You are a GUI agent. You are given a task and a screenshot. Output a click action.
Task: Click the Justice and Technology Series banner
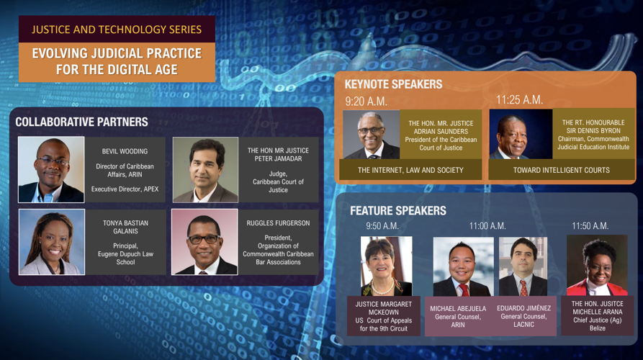pyautogui.click(x=117, y=29)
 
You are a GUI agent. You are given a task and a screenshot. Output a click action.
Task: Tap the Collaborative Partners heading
pyautogui.click(x=81, y=122)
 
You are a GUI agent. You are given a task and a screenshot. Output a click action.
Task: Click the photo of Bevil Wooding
pyautogui.click(x=51, y=170)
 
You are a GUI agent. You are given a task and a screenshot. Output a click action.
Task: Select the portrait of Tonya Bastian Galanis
pyautogui.click(x=52, y=242)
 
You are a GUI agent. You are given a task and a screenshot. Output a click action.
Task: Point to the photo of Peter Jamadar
pyautogui.click(x=205, y=170)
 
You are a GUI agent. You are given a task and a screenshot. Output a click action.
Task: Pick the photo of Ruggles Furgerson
pyautogui.click(x=204, y=242)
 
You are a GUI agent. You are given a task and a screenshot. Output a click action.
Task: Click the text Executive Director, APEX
pyautogui.click(x=125, y=189)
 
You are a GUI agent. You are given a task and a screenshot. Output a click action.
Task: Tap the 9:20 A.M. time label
pyautogui.click(x=366, y=102)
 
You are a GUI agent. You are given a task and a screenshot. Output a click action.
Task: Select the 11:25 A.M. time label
pyautogui.click(x=519, y=99)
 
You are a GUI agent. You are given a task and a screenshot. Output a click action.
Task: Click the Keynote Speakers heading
pyautogui.click(x=393, y=84)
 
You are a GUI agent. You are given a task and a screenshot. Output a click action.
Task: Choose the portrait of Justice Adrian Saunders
pyautogui.click(x=372, y=135)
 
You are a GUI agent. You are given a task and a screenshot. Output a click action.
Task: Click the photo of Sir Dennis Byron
pyautogui.click(x=521, y=134)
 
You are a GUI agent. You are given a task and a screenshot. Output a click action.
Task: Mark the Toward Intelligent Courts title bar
pyautogui.click(x=562, y=170)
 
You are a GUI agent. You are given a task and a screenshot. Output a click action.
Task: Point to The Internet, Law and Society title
pyautogui.click(x=410, y=170)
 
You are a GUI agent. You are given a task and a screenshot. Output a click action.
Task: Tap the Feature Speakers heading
pyautogui.click(x=397, y=211)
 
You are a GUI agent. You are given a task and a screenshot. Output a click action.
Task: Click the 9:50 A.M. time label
pyautogui.click(x=382, y=226)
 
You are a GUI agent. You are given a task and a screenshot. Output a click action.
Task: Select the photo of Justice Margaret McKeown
pyautogui.click(x=386, y=266)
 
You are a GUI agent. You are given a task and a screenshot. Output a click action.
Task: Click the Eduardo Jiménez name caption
pyautogui.click(x=523, y=308)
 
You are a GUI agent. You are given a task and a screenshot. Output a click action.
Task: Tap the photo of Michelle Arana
pyautogui.click(x=597, y=265)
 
